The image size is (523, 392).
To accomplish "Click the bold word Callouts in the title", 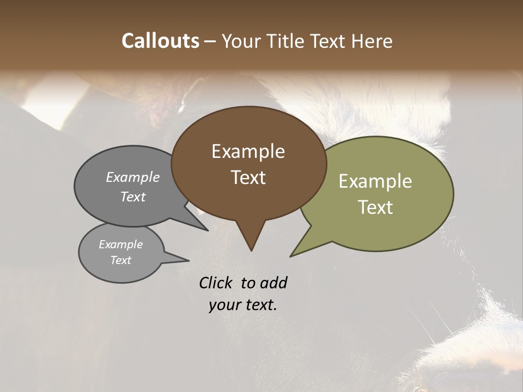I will (160, 41).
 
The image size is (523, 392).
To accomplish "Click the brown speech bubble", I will (248, 163).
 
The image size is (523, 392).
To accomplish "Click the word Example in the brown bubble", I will (248, 151).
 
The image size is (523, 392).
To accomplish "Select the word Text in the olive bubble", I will (375, 207).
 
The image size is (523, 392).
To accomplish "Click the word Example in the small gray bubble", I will (120, 244).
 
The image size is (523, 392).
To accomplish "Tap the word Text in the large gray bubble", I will (132, 197).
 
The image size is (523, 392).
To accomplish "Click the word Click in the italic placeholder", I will (216, 283).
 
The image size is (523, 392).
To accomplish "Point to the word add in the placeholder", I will (273, 283).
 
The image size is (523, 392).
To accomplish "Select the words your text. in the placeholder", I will (243, 305).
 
